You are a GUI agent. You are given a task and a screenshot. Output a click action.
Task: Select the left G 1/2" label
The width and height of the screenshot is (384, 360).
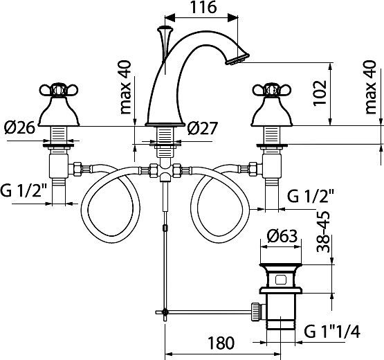click(x=26, y=190)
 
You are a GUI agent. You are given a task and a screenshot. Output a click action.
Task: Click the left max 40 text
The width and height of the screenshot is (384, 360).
click(x=125, y=89)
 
